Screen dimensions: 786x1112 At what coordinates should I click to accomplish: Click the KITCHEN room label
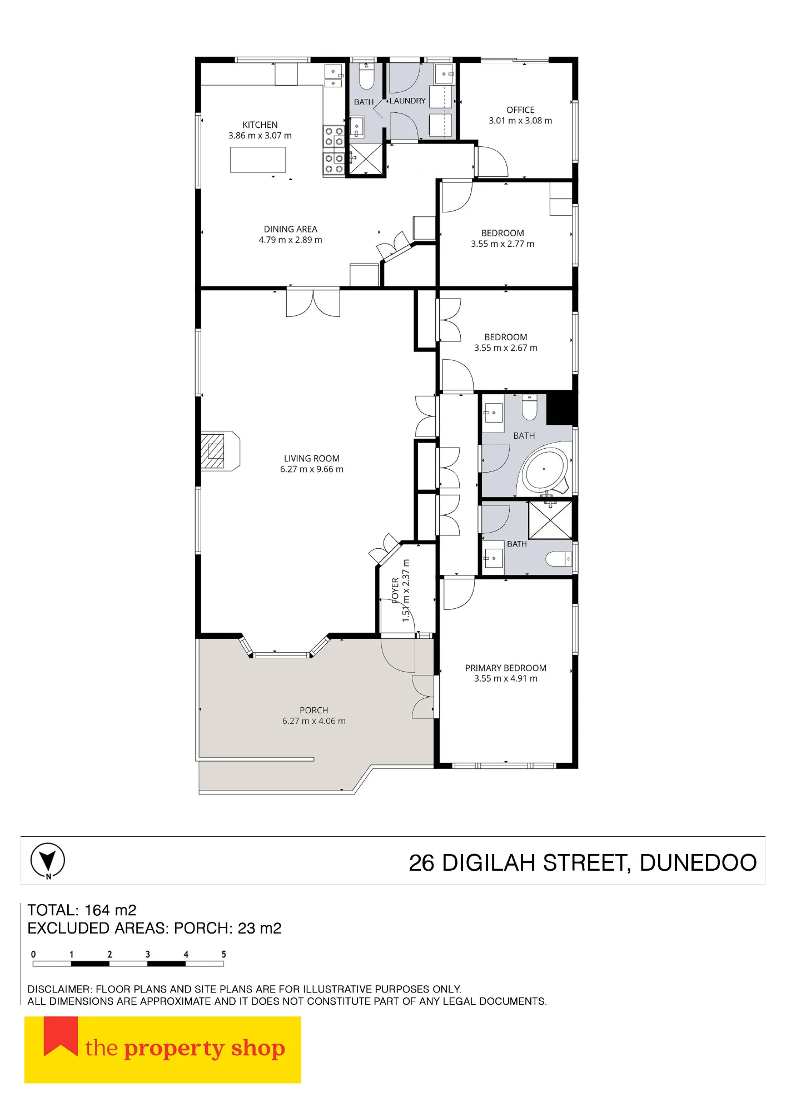(260, 125)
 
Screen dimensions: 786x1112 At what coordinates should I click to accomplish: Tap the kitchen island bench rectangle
(258, 160)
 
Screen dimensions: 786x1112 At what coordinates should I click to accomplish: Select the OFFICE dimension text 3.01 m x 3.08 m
(520, 121)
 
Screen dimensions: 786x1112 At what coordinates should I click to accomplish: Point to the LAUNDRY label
(407, 101)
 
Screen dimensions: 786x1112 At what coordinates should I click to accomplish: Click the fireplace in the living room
(220, 451)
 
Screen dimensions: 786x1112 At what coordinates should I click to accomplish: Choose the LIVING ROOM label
(311, 459)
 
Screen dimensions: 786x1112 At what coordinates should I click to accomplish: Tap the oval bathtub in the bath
(546, 470)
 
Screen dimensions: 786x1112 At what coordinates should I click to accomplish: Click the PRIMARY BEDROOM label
(505, 668)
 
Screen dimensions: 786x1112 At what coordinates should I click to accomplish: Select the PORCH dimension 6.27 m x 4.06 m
(314, 721)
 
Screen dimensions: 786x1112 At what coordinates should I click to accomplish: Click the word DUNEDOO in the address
(698, 863)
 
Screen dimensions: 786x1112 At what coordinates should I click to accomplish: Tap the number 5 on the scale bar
(223, 954)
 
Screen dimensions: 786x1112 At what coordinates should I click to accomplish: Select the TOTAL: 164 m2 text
(82, 910)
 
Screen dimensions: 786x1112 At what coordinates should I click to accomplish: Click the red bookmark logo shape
(61, 1035)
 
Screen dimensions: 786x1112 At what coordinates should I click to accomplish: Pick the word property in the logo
(174, 1049)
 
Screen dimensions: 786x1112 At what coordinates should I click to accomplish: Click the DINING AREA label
(290, 229)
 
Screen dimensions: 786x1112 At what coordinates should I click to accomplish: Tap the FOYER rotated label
(395, 590)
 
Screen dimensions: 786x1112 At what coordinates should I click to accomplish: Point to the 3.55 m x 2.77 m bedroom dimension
(503, 244)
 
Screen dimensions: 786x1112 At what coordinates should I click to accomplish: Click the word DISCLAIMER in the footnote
(59, 989)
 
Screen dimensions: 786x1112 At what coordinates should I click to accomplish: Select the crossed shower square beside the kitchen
(366, 159)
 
